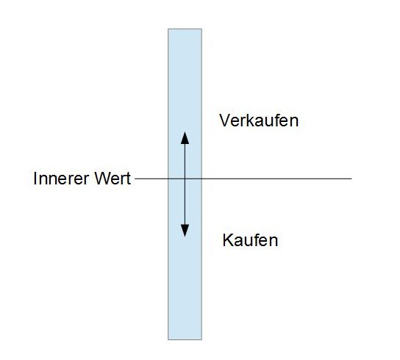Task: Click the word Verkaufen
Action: pos(259,120)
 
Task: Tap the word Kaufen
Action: pos(250,240)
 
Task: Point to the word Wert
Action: pos(113,179)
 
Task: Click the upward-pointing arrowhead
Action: pos(185,138)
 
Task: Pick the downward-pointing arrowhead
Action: pos(185,231)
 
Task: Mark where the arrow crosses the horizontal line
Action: pos(185,179)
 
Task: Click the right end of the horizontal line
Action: pos(351,179)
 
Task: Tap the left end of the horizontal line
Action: pos(135,179)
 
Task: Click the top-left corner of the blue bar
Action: pos(168,29)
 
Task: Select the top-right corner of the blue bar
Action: pos(201,29)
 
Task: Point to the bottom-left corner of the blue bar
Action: pos(168,339)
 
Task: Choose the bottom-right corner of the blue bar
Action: pos(201,339)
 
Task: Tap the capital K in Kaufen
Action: pos(227,240)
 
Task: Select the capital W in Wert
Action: pos(103,179)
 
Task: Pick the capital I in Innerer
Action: pos(35,179)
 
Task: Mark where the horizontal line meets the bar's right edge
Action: pos(201,179)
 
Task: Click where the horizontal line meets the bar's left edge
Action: pos(168,179)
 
